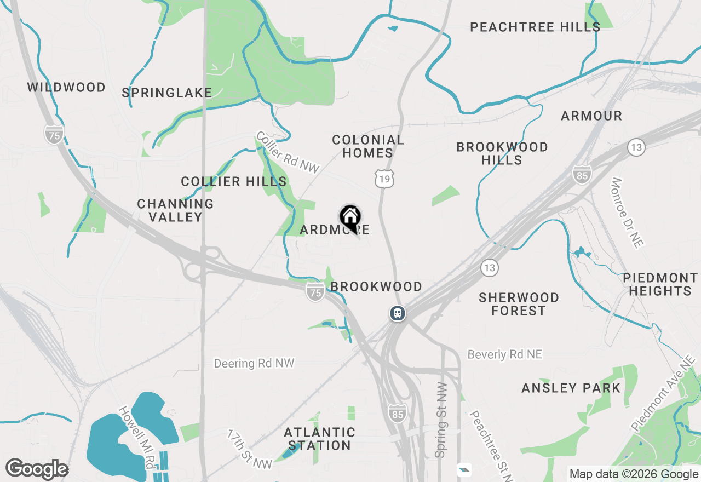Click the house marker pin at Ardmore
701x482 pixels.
click(350, 217)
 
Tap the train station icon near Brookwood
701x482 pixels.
click(398, 313)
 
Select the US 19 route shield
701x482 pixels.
click(385, 179)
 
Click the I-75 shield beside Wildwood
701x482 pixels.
click(54, 134)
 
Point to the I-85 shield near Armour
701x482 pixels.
click(582, 175)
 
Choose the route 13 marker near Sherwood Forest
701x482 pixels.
click(490, 268)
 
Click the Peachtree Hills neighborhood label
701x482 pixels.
click(535, 27)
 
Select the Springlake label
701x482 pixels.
click(167, 93)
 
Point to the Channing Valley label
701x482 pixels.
click(175, 210)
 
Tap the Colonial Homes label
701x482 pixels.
click(368, 146)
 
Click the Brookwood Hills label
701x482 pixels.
click(502, 153)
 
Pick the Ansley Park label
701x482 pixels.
click(571, 388)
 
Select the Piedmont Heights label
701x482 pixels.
click(660, 284)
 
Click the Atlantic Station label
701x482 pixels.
click(320, 439)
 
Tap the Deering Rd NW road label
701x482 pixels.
click(254, 363)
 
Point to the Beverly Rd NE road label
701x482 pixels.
click(504, 354)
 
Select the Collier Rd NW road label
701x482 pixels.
click(288, 153)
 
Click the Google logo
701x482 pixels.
click(37, 469)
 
